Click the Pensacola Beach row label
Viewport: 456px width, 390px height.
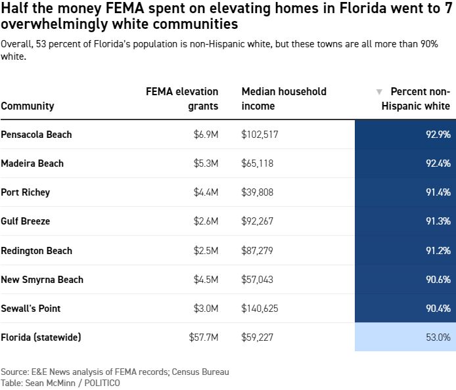tap(36, 135)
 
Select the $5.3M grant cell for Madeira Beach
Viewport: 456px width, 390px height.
tap(206, 163)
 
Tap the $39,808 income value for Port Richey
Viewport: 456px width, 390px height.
tap(258, 192)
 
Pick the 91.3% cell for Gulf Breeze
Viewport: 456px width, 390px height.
tap(438, 221)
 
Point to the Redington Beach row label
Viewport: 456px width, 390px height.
tap(37, 251)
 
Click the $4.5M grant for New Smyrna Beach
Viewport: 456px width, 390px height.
tap(206, 280)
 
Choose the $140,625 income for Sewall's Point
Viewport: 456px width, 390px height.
tap(260, 309)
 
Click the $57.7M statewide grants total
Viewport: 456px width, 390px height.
tap(204, 337)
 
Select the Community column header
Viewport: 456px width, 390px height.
tap(28, 106)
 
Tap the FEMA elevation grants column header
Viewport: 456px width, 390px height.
tap(182, 98)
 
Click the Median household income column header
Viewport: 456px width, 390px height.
tap(284, 98)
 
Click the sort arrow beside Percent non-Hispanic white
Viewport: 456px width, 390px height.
tap(378, 92)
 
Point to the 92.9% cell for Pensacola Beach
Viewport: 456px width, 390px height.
tap(438, 135)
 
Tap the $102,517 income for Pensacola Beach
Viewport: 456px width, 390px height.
tap(260, 135)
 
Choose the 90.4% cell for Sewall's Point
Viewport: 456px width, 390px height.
tap(438, 309)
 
